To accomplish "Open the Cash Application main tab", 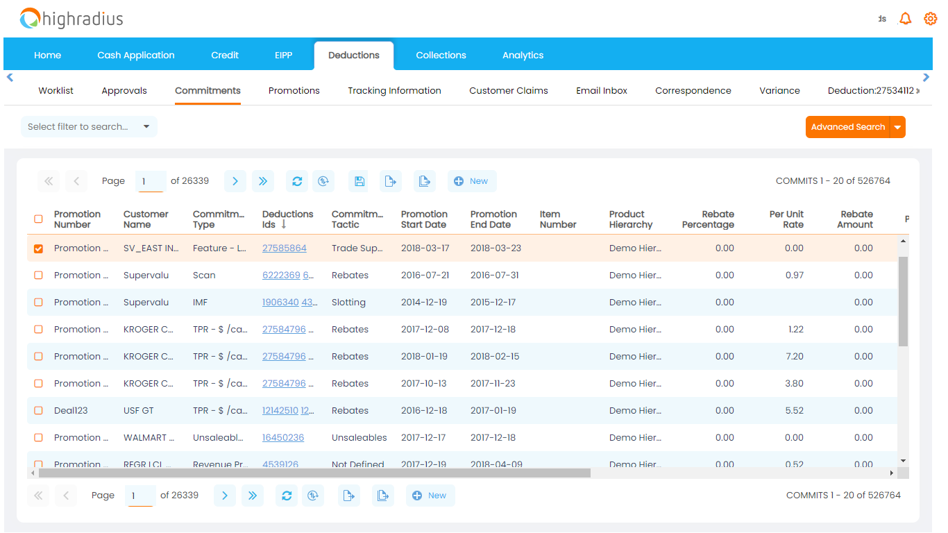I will [135, 56].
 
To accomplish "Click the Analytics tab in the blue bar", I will [523, 56].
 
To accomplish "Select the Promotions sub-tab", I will [294, 91].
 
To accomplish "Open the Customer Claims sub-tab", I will [508, 91].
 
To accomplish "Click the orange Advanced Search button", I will [847, 127].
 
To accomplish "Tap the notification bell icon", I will [905, 19].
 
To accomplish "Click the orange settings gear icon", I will [930, 19].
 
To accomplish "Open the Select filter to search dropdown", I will [89, 127].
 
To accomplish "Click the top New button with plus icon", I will [471, 181].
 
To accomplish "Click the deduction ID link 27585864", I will [284, 248].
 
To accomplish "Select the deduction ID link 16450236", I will [282, 438].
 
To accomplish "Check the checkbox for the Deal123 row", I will [38, 411].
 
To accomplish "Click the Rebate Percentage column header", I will [707, 219].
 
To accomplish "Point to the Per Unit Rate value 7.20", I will [794, 357].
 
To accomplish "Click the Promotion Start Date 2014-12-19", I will [423, 303].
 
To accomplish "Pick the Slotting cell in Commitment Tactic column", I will [348, 303].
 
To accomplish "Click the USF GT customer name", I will [138, 411].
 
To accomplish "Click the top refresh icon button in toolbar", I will [297, 181].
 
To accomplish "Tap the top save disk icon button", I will [359, 181].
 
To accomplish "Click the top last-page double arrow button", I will [263, 181].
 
